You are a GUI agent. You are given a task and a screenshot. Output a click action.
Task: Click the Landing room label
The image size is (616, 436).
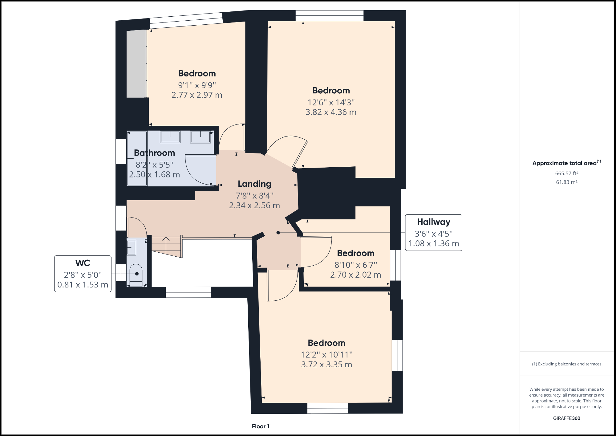tap(254, 184)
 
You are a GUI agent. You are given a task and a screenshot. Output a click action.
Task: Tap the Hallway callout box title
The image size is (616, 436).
tap(433, 222)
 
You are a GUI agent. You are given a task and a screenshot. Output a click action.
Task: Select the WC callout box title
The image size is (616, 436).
tap(83, 263)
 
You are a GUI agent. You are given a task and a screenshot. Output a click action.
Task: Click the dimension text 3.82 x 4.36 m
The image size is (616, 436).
tap(331, 112)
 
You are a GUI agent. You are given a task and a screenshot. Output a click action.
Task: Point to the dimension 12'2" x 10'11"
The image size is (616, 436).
tap(326, 355)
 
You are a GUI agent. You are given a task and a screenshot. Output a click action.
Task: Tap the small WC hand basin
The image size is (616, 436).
tap(131, 247)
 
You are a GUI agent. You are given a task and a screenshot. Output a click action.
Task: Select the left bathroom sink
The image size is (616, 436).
tap(170, 137)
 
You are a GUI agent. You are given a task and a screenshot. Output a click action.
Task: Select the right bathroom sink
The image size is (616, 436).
tap(200, 137)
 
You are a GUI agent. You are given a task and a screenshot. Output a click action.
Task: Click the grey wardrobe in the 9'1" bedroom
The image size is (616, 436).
tap(136, 63)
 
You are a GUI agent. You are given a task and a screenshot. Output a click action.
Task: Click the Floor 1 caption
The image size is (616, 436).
tap(261, 426)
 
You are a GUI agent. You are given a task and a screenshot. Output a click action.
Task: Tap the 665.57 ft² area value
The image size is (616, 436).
tap(566, 173)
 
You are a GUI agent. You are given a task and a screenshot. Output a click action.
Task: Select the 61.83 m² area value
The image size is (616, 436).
tap(566, 182)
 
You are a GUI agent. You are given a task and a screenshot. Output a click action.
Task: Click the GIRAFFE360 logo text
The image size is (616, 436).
tap(566, 418)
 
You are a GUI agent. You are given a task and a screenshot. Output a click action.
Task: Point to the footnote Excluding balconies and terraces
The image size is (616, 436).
tap(566, 364)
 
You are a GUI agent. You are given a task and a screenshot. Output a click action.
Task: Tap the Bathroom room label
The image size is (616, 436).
tap(154, 153)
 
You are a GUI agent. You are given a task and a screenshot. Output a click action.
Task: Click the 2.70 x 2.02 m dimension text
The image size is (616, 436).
tap(355, 275)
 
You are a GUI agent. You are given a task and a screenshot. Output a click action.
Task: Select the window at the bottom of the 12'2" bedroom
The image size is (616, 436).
tap(327, 408)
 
